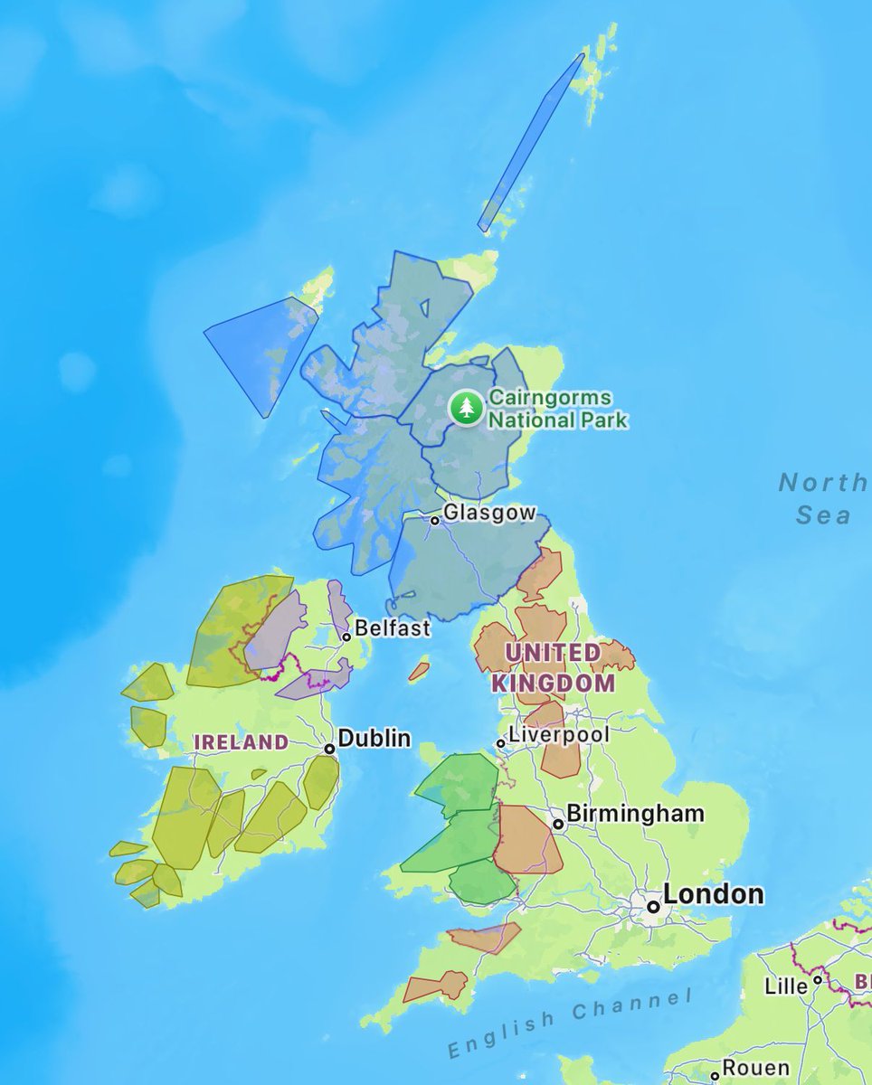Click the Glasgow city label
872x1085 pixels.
click(x=488, y=513)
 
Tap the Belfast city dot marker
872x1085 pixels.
click(x=346, y=637)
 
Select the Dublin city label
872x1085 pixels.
click(x=374, y=738)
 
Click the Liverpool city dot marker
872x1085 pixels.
click(x=500, y=743)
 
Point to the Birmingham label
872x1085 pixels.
click(x=635, y=813)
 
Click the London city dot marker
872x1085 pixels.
click(x=652, y=905)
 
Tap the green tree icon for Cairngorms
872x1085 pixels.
click(x=467, y=408)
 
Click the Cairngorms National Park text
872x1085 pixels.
click(x=557, y=409)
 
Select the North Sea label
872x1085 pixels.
click(x=822, y=498)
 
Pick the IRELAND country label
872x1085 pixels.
click(x=242, y=742)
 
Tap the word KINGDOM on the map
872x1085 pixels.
click(x=553, y=683)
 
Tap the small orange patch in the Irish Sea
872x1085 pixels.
click(x=418, y=671)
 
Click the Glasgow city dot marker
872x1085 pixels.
click(x=435, y=520)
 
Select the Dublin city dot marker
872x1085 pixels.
click(x=330, y=749)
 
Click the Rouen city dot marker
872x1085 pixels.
click(x=716, y=1076)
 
